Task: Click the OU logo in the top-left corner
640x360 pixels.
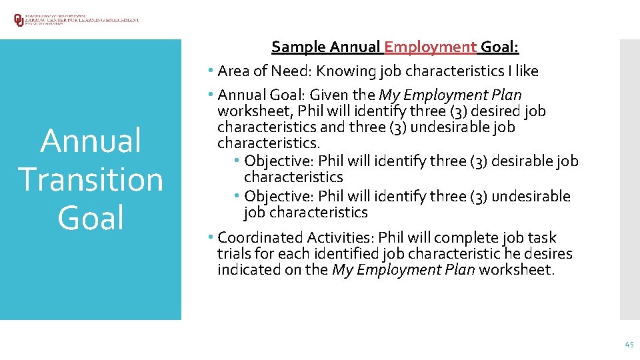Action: pyautogui.click(x=18, y=20)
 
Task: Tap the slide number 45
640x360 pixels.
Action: pyautogui.click(x=629, y=344)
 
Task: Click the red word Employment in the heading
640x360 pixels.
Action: pyautogui.click(x=431, y=47)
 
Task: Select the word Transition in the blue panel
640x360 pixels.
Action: pyautogui.click(x=91, y=179)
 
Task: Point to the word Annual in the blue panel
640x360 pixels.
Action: pyautogui.click(x=91, y=141)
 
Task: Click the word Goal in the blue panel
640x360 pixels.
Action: pyautogui.click(x=91, y=218)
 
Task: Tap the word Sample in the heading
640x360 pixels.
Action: pyautogui.click(x=298, y=47)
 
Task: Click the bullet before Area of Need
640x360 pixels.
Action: pyautogui.click(x=210, y=71)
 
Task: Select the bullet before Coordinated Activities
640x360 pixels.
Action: pyautogui.click(x=210, y=238)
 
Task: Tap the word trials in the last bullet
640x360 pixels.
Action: pyautogui.click(x=233, y=254)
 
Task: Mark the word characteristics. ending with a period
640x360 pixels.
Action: pyautogui.click(x=269, y=143)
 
